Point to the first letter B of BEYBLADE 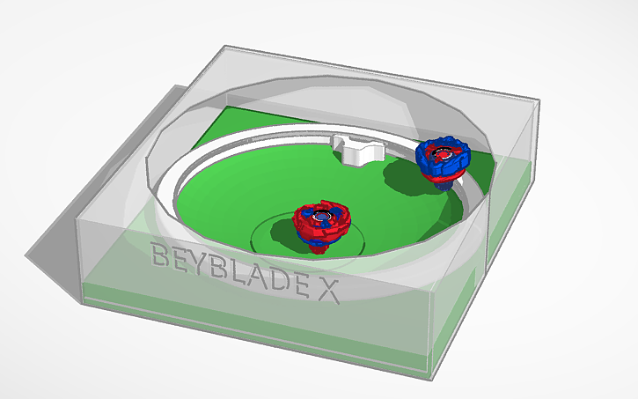[x=162, y=256]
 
